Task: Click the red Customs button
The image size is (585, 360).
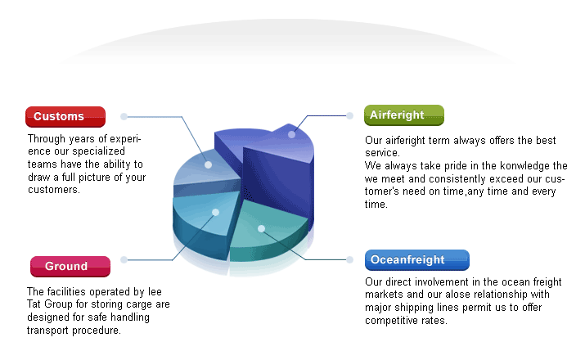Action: (65, 117)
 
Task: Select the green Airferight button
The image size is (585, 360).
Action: (404, 115)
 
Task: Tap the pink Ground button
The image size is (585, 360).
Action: (70, 267)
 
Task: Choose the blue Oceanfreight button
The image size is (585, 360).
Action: (417, 260)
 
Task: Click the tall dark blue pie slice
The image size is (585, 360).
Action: (276, 175)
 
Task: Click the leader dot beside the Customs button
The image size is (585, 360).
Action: (124, 117)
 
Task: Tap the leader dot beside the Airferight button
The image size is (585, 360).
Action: (349, 115)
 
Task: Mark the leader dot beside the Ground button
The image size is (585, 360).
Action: (124, 259)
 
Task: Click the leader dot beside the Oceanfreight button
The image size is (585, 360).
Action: (349, 259)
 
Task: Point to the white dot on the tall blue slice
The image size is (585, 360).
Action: (292, 134)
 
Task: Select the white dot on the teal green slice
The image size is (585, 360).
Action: (262, 228)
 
